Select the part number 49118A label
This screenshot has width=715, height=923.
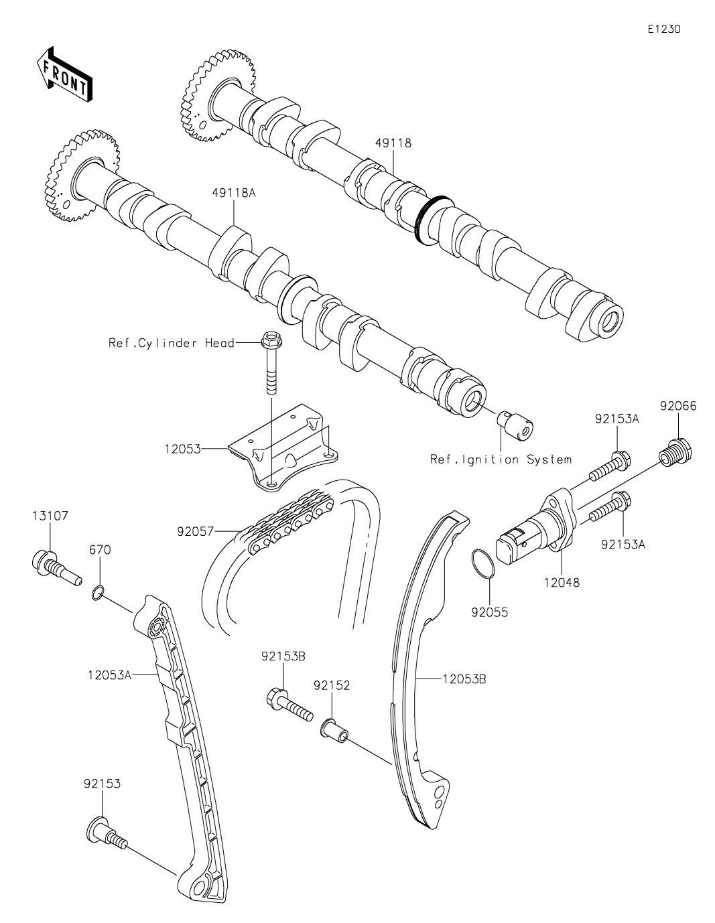tap(234, 193)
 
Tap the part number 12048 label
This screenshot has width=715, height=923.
tap(562, 583)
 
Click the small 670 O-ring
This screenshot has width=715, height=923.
tap(98, 591)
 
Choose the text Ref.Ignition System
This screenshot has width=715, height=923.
tap(501, 459)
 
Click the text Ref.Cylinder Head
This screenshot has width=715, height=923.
tap(172, 343)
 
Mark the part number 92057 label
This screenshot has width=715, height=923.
tap(195, 532)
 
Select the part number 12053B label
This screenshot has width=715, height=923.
tap(464, 679)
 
